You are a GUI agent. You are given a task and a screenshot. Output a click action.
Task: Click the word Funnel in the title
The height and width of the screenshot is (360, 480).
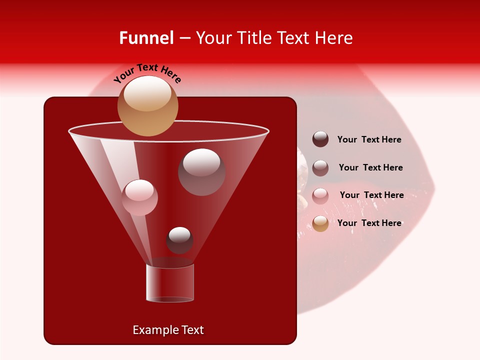click(146, 38)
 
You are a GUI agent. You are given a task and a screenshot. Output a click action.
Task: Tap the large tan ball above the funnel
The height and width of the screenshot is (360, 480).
click(148, 106)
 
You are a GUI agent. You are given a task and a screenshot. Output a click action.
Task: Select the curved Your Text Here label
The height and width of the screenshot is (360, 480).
click(147, 72)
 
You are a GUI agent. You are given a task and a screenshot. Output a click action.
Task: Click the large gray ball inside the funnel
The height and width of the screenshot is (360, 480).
click(201, 172)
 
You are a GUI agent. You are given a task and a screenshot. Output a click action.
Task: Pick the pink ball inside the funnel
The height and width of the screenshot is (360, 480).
click(140, 197)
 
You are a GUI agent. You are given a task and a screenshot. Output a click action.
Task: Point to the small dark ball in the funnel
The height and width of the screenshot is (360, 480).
click(179, 240)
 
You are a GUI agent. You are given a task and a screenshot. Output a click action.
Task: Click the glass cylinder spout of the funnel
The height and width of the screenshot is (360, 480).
click(170, 283)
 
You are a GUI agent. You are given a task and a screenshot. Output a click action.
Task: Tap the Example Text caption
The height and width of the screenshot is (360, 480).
click(168, 330)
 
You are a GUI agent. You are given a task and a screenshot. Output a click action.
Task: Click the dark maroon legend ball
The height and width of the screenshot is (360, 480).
click(320, 139)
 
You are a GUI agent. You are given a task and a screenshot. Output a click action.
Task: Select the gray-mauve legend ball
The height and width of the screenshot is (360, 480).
click(320, 168)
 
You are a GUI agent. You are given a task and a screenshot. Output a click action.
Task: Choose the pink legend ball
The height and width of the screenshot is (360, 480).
click(320, 195)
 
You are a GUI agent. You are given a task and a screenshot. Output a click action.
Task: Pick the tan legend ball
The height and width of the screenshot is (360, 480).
click(320, 223)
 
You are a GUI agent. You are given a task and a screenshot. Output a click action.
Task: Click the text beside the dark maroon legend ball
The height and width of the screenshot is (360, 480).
click(369, 140)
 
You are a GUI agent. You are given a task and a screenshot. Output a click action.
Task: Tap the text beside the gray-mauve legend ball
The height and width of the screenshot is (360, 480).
click(370, 168)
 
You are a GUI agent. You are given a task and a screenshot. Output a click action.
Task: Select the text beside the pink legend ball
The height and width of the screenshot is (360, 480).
click(371, 195)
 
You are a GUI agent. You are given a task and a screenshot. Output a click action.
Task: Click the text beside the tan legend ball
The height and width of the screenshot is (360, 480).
click(369, 223)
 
